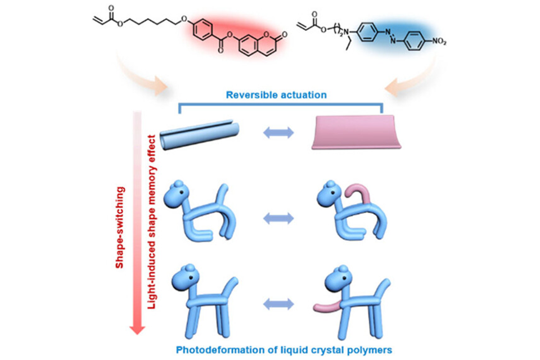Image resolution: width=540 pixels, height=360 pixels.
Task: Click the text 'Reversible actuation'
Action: pyautogui.click(x=276, y=95)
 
